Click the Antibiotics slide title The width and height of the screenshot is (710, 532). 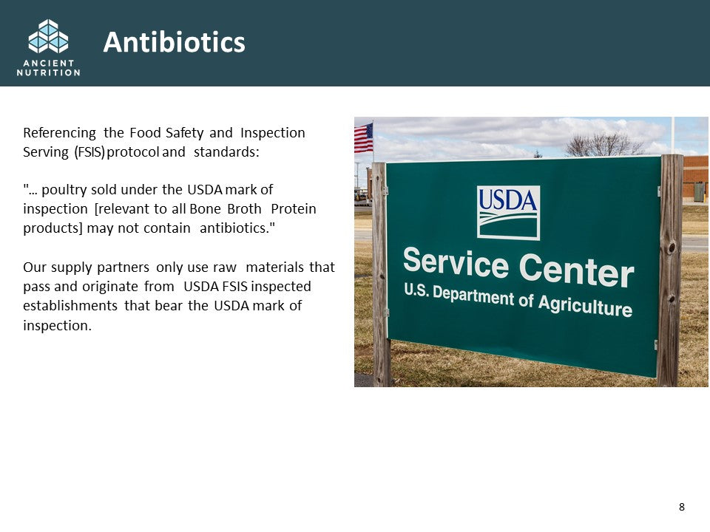[175, 42]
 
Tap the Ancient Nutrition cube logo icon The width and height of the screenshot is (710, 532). [49, 36]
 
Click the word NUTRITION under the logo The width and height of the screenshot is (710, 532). [49, 72]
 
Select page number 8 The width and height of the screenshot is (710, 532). [681, 507]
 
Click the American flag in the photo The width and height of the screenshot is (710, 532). [364, 137]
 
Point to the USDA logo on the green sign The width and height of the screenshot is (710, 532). [508, 212]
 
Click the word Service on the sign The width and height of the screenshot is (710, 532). [456, 262]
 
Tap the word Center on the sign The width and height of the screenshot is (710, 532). [576, 270]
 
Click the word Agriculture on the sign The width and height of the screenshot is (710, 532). [585, 305]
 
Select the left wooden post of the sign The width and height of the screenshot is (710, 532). [380, 274]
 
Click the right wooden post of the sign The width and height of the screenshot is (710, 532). [670, 270]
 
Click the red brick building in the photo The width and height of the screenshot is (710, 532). [696, 177]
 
